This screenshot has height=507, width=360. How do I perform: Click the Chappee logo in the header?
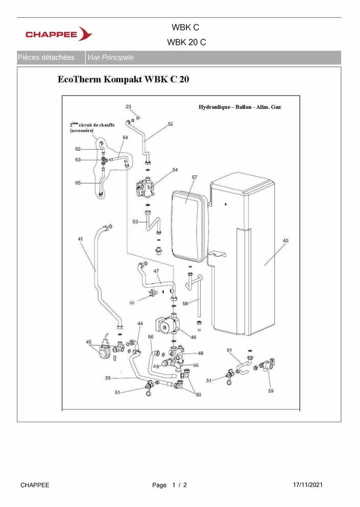coord(59,34)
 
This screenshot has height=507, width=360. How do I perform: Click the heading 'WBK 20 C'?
coord(186,42)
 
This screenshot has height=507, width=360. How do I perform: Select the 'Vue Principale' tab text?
coord(110,58)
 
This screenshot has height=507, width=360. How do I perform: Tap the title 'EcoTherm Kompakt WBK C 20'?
coord(123,79)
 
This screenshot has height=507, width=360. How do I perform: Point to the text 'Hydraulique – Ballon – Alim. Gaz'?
coord(239,107)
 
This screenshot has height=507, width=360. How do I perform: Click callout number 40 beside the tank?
coord(285,240)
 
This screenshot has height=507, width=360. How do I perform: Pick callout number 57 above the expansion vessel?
coord(195,177)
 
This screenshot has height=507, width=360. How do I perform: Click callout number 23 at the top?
coord(128,106)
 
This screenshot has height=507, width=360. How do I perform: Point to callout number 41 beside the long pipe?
coord(80,239)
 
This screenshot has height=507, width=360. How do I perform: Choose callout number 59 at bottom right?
coord(271,391)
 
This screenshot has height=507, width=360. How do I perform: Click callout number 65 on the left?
coord(78,183)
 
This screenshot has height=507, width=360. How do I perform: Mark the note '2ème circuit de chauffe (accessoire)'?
coord(92,128)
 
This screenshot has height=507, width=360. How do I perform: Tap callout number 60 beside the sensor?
coord(132,303)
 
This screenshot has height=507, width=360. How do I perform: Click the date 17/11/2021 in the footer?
coord(307,485)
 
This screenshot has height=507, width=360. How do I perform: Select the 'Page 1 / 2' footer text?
coord(170,485)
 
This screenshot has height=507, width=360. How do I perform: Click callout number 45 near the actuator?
coord(89,342)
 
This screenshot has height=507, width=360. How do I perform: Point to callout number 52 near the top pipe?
coord(171,124)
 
